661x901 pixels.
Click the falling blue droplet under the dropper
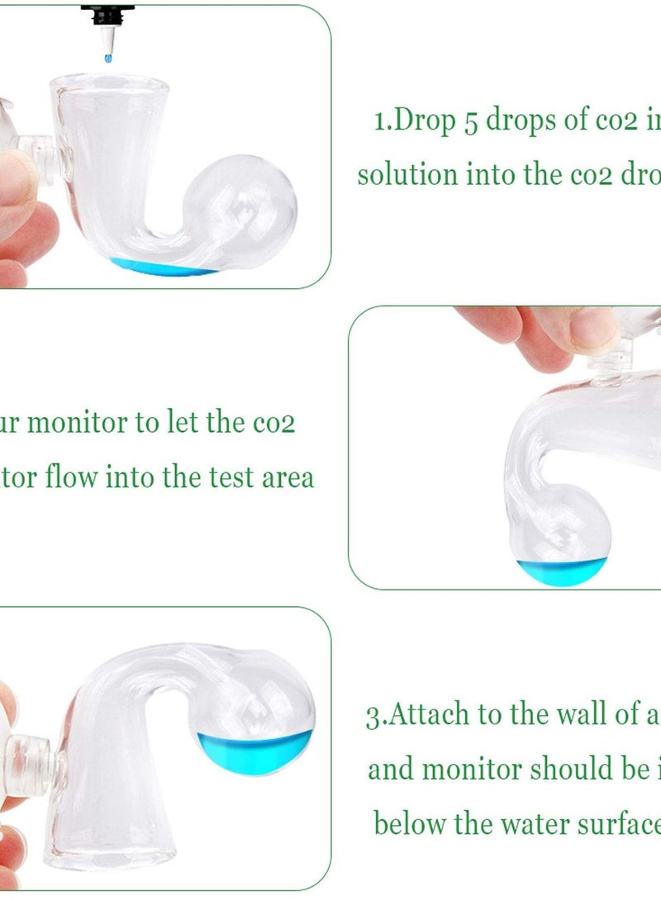[x=107, y=59]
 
